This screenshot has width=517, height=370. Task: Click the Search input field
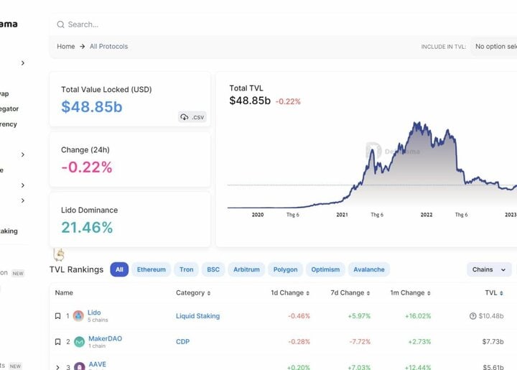point(215,24)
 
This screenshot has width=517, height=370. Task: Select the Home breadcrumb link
point(66,47)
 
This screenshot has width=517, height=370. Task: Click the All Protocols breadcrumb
point(109,47)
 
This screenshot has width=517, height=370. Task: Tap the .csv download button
point(192,116)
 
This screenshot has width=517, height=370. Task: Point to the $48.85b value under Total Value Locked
point(92,107)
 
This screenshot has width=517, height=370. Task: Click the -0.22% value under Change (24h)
point(87,167)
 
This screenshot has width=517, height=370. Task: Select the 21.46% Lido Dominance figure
point(87,228)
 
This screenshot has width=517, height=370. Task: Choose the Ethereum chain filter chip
point(151,270)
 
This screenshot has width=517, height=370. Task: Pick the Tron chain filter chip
point(187,270)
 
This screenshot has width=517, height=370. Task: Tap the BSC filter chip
point(213,270)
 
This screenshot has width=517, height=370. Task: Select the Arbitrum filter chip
point(247,270)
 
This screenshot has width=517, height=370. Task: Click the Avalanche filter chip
point(369,270)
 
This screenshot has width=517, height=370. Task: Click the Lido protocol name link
point(94,313)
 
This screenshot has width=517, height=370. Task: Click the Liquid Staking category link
point(197,316)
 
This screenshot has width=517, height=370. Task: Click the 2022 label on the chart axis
point(427,215)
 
